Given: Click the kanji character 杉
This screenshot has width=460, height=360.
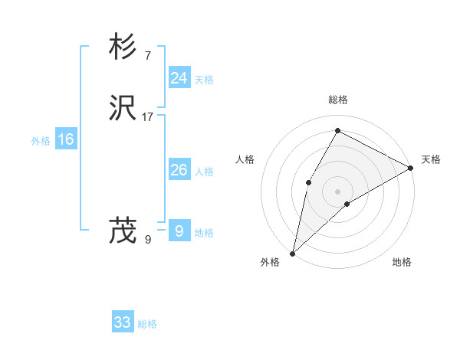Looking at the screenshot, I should tap(123, 47).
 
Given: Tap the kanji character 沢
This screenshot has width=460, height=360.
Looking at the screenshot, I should tap(123, 109).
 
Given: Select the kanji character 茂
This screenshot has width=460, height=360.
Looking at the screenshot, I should tap(123, 231).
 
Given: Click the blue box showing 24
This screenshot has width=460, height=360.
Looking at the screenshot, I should tap(179, 78).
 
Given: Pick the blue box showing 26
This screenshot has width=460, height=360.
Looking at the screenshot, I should tap(179, 170).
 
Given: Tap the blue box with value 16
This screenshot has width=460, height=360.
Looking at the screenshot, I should tap(65, 139).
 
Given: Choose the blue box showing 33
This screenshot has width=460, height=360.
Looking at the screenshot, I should tap(122, 322).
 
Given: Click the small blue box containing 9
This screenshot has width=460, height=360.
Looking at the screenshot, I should tap(179, 231).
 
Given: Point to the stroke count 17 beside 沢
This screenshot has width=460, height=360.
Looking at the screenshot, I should tap(148, 117).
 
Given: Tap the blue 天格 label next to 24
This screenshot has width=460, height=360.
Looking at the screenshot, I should tap(204, 80).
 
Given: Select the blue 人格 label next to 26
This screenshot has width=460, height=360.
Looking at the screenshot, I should tap(204, 172).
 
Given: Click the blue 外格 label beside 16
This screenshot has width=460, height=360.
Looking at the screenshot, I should tap(40, 141).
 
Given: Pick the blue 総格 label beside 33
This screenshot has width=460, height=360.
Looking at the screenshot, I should tap(147, 324).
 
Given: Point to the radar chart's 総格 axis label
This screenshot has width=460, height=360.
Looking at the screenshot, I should tap(338, 100).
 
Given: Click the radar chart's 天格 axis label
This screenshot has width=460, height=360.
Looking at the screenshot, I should tap(431, 159).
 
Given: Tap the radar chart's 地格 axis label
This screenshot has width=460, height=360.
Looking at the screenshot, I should tap(402, 262).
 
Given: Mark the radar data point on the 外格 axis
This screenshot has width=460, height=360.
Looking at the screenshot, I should tap(292, 253).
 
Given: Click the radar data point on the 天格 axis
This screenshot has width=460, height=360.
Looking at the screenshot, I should tap(411, 168).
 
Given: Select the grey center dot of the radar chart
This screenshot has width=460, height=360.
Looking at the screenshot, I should tap(338, 191).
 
